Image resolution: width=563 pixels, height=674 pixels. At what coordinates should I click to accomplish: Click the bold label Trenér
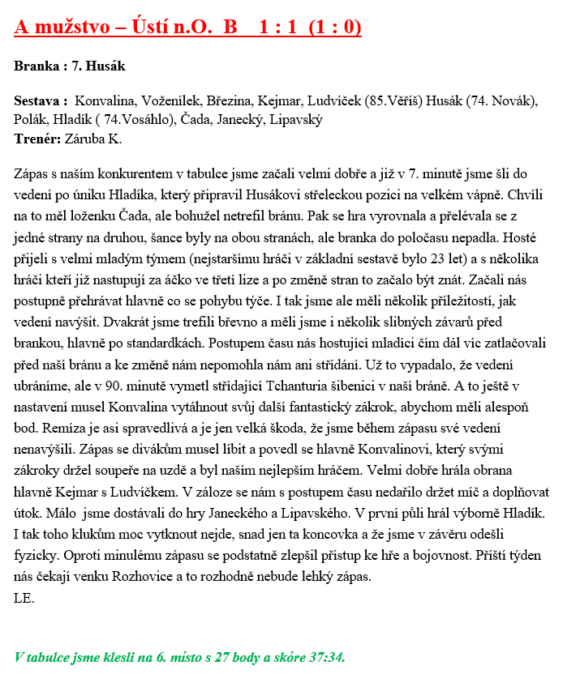(x=37, y=139)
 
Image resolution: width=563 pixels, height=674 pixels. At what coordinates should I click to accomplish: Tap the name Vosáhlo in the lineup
(x=143, y=120)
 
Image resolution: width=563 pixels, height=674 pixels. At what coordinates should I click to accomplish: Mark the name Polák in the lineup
(x=32, y=120)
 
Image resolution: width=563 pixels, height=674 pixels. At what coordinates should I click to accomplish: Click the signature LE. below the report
(x=24, y=599)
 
